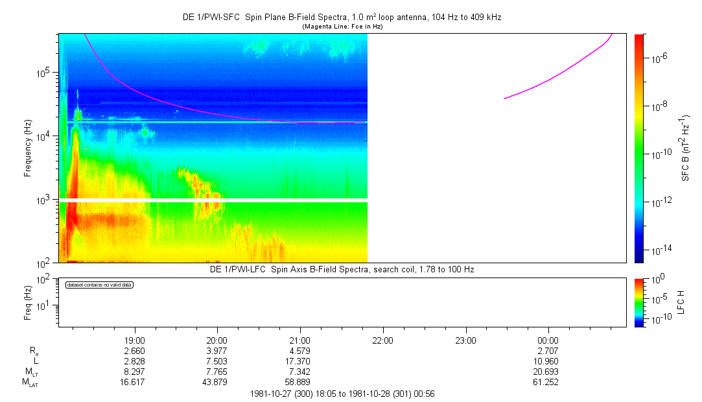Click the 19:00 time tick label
point(134,340)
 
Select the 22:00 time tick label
point(382,340)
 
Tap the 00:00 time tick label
point(548,340)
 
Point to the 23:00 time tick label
point(465,340)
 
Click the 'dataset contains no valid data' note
point(99,285)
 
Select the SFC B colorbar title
point(686,148)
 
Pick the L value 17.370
point(299,361)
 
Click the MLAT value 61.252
point(548,383)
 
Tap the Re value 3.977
point(217,351)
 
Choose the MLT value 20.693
point(548,372)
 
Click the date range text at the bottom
point(342,394)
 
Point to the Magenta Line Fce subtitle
point(342,26)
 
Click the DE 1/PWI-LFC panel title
point(342,269)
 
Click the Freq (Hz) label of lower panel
point(28,301)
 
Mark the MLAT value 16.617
point(134,383)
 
